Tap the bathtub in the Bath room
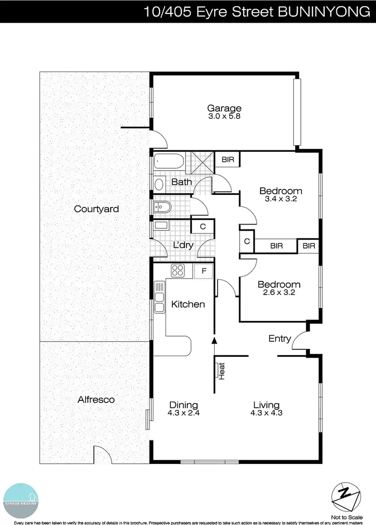pyautogui.click(x=168, y=161)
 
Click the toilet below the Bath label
pyautogui.click(x=162, y=206)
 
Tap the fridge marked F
pyautogui.click(x=204, y=271)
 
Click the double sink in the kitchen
pyautogui.click(x=159, y=298)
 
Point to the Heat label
pyautogui.click(x=221, y=371)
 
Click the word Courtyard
pyautogui.click(x=96, y=209)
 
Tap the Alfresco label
pyautogui.click(x=96, y=400)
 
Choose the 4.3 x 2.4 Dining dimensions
pyautogui.click(x=183, y=413)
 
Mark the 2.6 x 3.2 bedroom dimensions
pyautogui.click(x=279, y=293)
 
